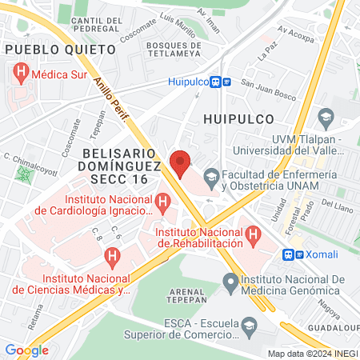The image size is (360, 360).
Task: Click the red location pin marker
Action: pyautogui.click(x=181, y=162)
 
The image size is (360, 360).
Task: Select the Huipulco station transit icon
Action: pyautogui.click(x=221, y=81)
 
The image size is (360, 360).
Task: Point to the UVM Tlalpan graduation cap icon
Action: pyautogui.click(x=326, y=119)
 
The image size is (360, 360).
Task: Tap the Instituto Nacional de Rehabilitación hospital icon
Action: pyautogui.click(x=253, y=235)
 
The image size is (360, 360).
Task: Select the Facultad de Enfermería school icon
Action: pyautogui.click(x=211, y=174)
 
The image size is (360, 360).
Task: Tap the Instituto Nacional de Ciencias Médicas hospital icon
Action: pyautogui.click(x=112, y=258)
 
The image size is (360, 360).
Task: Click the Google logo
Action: pyautogui.click(x=26, y=350)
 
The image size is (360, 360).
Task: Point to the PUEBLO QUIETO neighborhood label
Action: pyautogui.click(x=60, y=50)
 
